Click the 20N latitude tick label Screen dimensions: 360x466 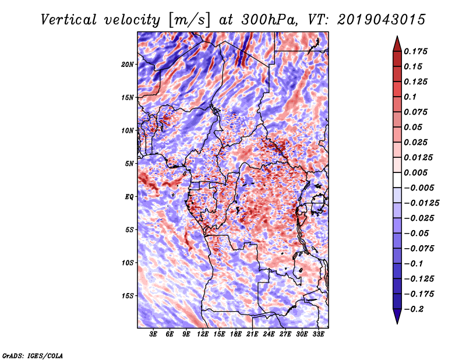point(128,64)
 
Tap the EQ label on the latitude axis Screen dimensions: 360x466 point(129,197)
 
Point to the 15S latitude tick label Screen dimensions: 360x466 point(128,296)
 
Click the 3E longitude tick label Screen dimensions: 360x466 point(154,334)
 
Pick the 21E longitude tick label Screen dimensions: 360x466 point(252,334)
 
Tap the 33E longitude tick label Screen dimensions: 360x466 point(318,334)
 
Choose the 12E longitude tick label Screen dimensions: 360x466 point(203,334)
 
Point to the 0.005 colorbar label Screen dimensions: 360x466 point(417,172)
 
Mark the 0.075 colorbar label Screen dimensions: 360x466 point(417,112)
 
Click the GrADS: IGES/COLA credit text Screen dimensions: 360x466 point(33,355)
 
